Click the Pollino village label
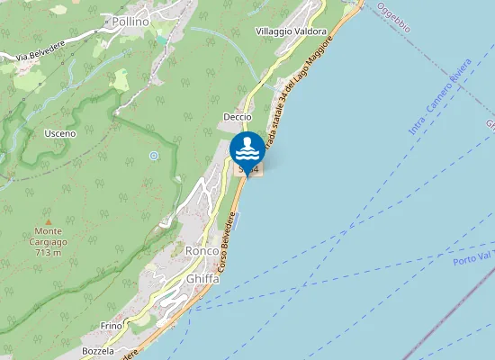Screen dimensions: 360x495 [x=130, y=20]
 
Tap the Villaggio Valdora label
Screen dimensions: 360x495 [x=291, y=31]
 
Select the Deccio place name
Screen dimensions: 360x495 [x=238, y=117]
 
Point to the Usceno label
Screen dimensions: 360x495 [x=60, y=133]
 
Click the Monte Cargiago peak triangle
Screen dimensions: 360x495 [x=49, y=220]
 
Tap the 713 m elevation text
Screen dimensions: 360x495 [x=49, y=253]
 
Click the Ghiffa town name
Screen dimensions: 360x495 [x=202, y=279]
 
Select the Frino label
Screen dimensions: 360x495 [x=112, y=325]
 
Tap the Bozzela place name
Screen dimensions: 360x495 [x=98, y=351]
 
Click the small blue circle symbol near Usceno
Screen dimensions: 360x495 [x=154, y=156]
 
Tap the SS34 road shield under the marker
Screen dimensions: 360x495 [x=247, y=169]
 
